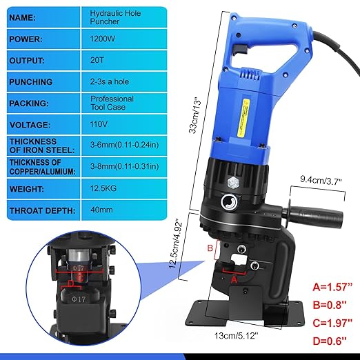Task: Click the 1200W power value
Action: click(x=104, y=39)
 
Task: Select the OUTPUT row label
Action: click(x=28, y=61)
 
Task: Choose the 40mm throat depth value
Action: click(x=102, y=210)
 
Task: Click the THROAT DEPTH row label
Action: click(x=42, y=210)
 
